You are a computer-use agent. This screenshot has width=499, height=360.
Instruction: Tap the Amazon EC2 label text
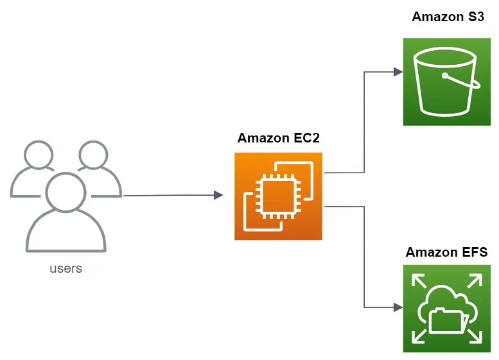click(x=278, y=138)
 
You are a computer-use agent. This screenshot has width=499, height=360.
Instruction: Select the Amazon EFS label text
click(x=446, y=252)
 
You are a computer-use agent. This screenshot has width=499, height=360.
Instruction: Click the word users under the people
click(x=66, y=268)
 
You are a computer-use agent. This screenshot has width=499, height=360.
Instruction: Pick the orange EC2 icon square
click(x=278, y=196)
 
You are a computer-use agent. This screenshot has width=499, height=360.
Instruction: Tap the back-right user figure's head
click(x=94, y=155)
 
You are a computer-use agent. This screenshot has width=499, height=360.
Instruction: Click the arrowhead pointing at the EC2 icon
click(x=218, y=195)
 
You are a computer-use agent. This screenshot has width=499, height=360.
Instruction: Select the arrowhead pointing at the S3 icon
click(x=398, y=73)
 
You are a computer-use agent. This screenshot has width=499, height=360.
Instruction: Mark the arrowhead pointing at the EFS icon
click(x=398, y=307)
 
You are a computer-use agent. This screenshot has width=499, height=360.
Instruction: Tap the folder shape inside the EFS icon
click(x=446, y=320)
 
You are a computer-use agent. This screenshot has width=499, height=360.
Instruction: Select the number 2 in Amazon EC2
click(x=315, y=138)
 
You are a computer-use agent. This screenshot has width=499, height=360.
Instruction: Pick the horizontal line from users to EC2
click(x=167, y=196)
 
